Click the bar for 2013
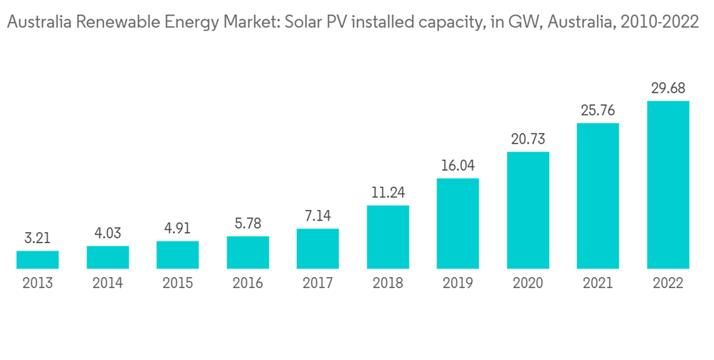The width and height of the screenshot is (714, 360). [x=37, y=260]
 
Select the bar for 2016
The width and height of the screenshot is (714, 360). [x=248, y=252]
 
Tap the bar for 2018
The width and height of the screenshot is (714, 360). [x=388, y=237]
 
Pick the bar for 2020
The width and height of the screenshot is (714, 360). [x=528, y=210]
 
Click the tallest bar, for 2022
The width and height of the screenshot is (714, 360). [x=668, y=185]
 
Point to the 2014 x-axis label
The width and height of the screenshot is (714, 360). [x=107, y=284]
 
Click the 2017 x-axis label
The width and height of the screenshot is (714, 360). [x=318, y=284]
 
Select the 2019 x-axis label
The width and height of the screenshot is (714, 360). [x=458, y=284]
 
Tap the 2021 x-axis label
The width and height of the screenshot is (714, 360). [x=598, y=284]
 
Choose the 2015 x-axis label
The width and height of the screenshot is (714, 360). [x=177, y=284]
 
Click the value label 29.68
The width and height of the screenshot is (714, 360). [x=668, y=89]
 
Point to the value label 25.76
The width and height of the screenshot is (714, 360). [x=598, y=111]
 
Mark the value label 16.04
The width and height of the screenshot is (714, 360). [x=458, y=166]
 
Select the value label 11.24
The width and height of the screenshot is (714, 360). [x=388, y=193]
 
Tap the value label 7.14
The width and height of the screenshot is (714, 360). [x=318, y=216]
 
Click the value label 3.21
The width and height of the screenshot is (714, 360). [x=37, y=239]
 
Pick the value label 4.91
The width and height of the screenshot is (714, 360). [x=177, y=229]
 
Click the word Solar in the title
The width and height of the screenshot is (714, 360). [x=304, y=23]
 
